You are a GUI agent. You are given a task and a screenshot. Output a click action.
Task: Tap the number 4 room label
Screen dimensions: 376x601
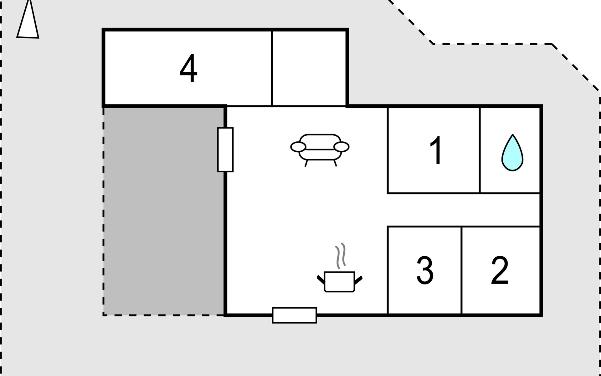tap(188, 68)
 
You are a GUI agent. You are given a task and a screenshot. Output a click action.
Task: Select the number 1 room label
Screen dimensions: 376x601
tap(436, 150)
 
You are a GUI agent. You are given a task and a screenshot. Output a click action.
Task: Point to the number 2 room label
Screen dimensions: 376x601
tap(500, 270)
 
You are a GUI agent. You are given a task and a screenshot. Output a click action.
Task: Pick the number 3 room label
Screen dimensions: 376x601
tap(425, 270)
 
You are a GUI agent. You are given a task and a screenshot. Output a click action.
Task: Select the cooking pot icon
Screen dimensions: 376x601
tap(340, 281)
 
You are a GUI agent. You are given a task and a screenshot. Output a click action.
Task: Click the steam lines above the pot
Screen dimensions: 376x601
tap(341, 255)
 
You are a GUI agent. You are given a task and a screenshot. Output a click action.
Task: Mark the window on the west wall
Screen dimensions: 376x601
tap(225, 150)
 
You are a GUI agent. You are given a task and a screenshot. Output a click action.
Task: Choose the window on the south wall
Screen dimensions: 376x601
tap(294, 315)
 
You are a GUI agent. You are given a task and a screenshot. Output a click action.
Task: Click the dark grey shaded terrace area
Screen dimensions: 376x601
tap(163, 211)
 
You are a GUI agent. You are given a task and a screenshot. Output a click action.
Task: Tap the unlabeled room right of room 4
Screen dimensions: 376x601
tap(309, 68)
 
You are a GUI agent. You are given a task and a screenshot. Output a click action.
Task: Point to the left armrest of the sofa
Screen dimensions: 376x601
tap(298, 147)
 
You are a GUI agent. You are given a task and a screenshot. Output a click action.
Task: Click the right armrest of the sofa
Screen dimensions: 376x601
tap(341, 147)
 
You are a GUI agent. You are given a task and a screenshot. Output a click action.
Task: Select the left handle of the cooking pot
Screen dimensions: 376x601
tap(321, 279)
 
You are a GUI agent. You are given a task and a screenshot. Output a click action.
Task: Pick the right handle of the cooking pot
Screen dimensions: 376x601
tap(358, 279)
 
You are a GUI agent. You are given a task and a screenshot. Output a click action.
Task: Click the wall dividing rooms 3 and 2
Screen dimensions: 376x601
tap(461, 270)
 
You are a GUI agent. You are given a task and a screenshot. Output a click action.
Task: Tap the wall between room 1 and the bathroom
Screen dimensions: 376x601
tap(480, 150)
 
